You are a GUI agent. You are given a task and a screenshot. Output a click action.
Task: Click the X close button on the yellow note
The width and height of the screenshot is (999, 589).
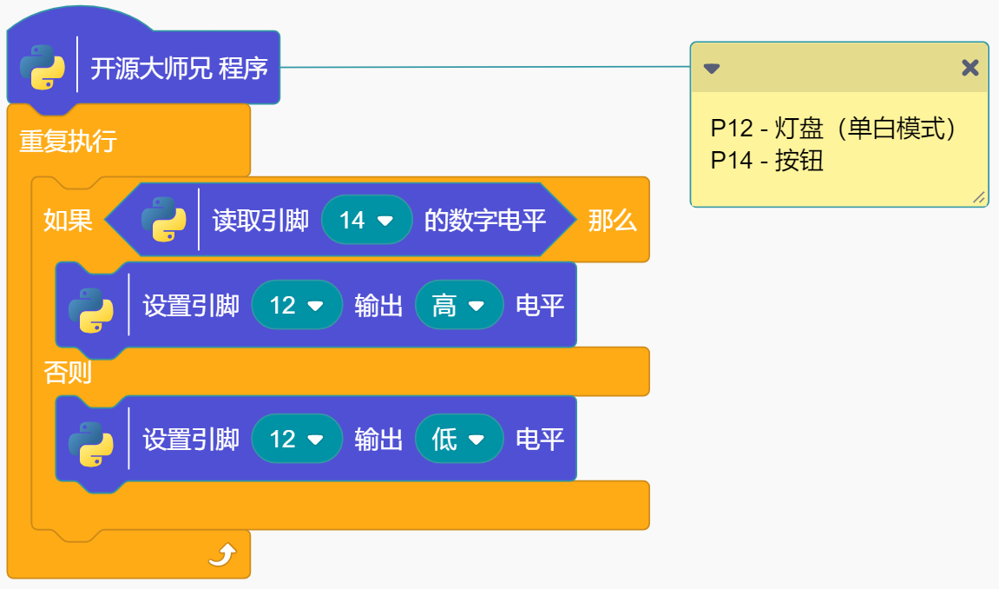click(969, 68)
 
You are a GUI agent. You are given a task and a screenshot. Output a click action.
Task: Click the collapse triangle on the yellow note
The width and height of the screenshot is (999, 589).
click(712, 69)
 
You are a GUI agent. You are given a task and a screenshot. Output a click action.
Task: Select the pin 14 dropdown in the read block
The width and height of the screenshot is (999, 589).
click(365, 221)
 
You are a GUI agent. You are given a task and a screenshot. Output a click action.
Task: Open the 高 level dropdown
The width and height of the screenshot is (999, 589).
click(458, 306)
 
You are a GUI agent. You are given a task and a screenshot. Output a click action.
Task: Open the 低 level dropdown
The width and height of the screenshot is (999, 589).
click(458, 440)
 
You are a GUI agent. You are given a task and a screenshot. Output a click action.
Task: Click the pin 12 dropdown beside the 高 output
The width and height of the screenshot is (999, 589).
click(296, 306)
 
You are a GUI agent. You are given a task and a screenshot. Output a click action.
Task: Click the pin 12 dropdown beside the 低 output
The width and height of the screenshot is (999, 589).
click(296, 440)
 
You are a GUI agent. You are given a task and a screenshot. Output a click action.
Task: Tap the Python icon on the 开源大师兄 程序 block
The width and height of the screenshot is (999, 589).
click(42, 68)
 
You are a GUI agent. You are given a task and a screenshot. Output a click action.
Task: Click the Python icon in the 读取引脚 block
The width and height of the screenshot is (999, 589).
click(163, 220)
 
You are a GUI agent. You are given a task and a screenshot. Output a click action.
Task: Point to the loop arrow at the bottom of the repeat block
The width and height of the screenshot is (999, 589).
click(222, 554)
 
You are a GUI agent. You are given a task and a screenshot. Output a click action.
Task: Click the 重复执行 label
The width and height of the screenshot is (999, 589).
click(69, 142)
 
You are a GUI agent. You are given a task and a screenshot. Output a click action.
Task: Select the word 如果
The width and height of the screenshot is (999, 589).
click(68, 221)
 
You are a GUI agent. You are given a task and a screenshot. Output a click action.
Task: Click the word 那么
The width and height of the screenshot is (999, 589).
click(612, 221)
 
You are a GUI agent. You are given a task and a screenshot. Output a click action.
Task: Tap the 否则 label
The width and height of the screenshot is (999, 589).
click(68, 373)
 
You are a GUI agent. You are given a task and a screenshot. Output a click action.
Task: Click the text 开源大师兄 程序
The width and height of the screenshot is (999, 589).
click(179, 69)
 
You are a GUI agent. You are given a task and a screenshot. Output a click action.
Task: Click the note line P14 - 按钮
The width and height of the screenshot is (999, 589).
click(766, 161)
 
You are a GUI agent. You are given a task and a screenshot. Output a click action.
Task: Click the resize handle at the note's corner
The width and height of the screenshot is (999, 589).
click(978, 198)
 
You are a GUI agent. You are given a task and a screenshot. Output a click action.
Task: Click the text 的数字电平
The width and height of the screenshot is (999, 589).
click(484, 221)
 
